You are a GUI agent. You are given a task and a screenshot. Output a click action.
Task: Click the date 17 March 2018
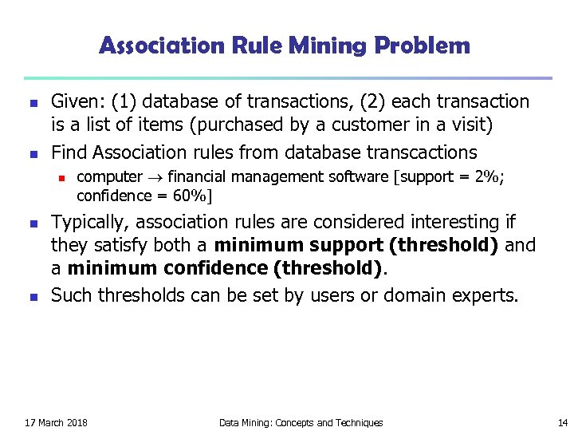(57, 422)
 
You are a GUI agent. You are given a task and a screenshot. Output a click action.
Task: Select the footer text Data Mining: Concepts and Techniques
(301, 422)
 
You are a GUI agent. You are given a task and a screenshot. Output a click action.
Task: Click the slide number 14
(563, 422)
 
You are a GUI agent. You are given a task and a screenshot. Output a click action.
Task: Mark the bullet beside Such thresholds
(32, 297)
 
